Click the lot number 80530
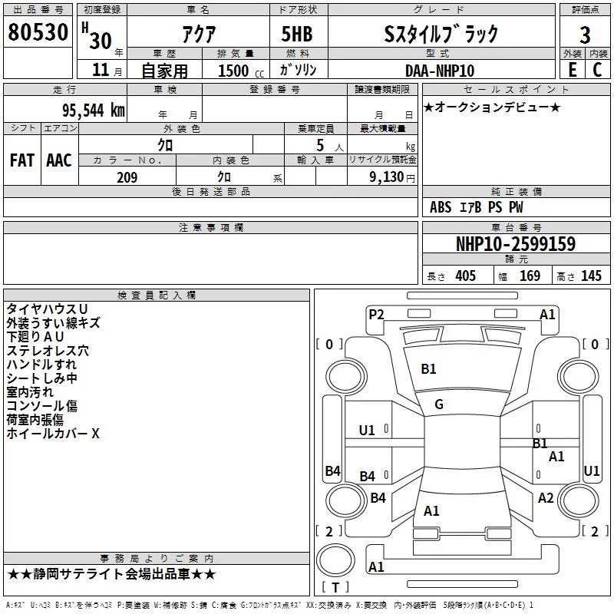tap(38, 31)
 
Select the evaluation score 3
tap(585, 35)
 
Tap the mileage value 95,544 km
tap(93, 110)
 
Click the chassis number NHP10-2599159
tap(516, 243)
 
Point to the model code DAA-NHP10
tap(440, 71)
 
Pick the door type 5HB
tap(297, 34)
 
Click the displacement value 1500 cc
tap(241, 71)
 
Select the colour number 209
tap(127, 177)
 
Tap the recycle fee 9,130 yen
tap(392, 177)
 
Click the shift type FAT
tap(22, 160)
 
